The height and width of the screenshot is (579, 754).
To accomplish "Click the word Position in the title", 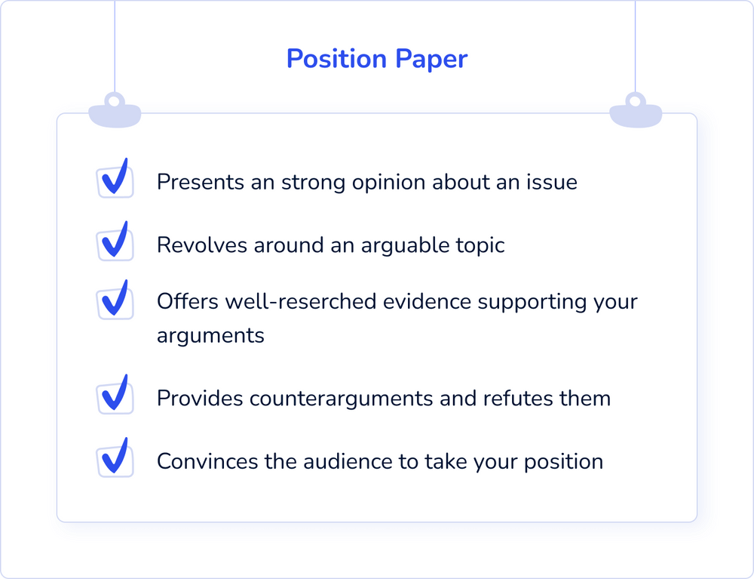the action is (336, 59).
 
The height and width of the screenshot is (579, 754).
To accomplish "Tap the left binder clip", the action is (115, 110).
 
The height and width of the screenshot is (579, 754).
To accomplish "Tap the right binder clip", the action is (636, 110).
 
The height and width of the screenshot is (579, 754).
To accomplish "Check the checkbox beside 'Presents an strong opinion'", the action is (115, 179).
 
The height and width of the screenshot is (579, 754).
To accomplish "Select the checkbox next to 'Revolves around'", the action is (115, 242).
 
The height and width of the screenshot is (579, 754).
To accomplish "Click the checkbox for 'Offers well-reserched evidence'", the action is (115, 300).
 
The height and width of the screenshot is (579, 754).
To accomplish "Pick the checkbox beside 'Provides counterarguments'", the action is (115, 395).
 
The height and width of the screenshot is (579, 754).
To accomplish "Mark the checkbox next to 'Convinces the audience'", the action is (115, 458).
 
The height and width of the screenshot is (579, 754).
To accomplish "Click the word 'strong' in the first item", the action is (313, 183).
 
